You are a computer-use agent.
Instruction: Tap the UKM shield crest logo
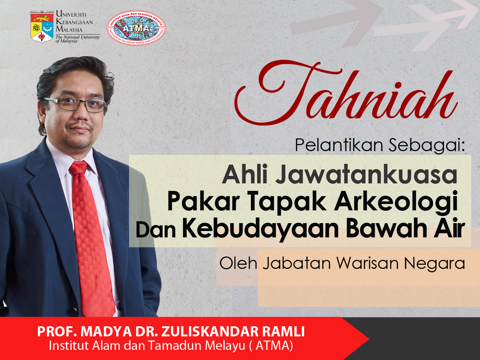[x=42, y=27]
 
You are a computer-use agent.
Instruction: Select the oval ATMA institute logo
[x=136, y=28]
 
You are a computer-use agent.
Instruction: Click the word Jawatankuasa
[x=366, y=175]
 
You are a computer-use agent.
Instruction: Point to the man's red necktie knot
[x=78, y=167]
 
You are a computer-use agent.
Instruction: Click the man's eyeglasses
[x=75, y=105]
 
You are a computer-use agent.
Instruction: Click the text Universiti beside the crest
[x=71, y=14]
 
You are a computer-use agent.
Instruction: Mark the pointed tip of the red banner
[x=369, y=339]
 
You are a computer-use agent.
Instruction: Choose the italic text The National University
[x=78, y=37]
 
